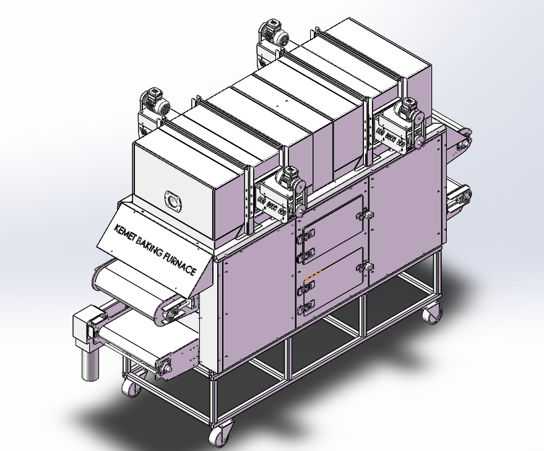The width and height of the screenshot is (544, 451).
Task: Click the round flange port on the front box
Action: point(173,200)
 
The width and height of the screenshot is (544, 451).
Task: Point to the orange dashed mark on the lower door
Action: point(313,275)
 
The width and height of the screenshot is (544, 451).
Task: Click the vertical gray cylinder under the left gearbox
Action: point(90,364)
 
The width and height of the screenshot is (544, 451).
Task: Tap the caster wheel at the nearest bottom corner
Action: point(221,434)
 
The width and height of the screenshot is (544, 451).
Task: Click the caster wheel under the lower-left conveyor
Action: point(131,387)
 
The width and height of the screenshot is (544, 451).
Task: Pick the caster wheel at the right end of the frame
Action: point(432,312)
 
